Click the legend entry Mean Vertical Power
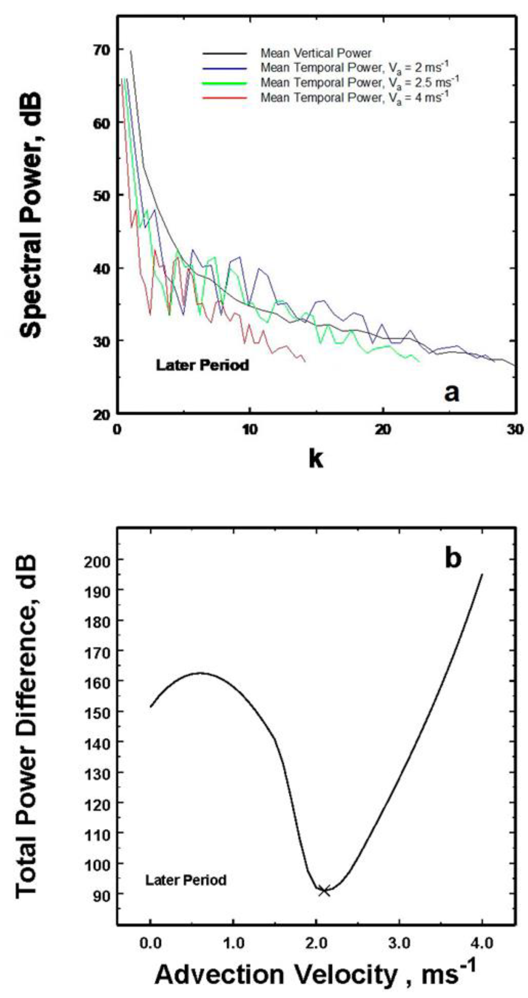316,53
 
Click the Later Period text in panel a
202,365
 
